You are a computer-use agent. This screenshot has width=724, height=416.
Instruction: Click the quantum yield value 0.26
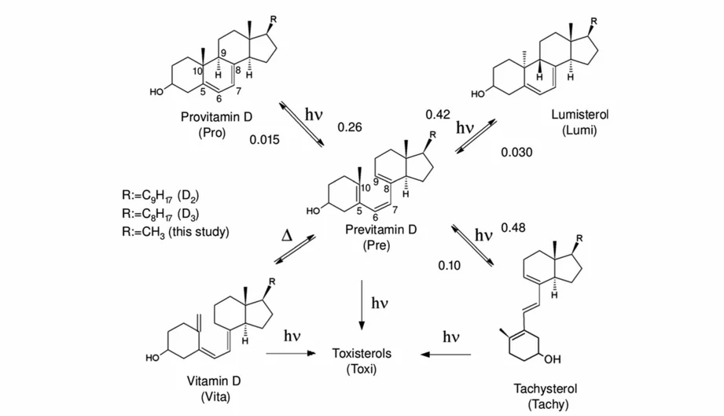[x=350, y=127]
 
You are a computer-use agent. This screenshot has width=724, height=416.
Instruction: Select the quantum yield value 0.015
[x=265, y=139]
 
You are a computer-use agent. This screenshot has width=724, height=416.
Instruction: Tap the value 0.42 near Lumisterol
[x=438, y=115]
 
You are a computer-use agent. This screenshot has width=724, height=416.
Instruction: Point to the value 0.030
[x=516, y=152]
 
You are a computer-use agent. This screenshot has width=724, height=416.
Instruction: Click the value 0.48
[x=513, y=227]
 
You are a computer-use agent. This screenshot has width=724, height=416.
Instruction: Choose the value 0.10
[x=450, y=266]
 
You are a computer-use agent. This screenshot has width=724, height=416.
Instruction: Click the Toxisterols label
[x=362, y=353]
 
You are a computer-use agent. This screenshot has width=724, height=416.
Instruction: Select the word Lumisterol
[x=579, y=114]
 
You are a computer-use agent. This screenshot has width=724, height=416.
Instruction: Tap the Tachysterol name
[x=546, y=388]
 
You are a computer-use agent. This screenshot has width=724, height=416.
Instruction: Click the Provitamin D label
[x=216, y=117]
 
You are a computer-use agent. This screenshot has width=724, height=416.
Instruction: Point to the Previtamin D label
[x=381, y=230]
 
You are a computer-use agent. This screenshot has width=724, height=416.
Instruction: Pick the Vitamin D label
[x=214, y=381]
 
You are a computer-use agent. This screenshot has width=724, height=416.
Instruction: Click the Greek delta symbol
[x=287, y=236]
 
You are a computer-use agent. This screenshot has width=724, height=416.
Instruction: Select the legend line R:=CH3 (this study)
[x=175, y=231]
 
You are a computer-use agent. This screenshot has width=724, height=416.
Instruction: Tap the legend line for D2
[x=160, y=196]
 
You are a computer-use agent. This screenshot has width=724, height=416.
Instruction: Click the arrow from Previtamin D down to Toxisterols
[x=362, y=305]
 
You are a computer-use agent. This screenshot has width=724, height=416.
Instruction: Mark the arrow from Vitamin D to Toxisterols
[x=291, y=353]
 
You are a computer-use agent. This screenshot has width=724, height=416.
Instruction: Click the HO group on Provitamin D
[x=156, y=92]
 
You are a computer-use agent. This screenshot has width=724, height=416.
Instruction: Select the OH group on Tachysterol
[x=553, y=359]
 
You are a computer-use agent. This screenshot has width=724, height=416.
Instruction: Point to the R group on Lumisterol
[x=594, y=20]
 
